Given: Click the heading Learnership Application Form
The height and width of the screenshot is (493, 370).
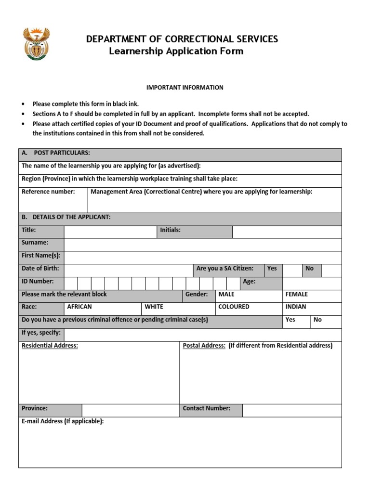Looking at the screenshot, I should [176, 51].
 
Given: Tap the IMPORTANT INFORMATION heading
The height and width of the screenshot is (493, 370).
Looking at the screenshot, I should [185, 88].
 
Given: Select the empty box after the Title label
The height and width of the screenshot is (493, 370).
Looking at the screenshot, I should [110, 232].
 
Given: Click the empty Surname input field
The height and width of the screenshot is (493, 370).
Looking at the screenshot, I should [202, 245].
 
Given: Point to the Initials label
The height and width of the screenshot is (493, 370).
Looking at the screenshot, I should [171, 230].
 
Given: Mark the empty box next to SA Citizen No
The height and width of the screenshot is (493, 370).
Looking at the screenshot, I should [331, 270].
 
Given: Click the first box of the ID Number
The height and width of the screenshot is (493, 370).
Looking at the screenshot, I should [71, 283].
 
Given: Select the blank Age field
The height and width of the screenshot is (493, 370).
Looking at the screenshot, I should [312, 283].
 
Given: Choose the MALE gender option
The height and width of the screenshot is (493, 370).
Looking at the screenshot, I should [226, 294].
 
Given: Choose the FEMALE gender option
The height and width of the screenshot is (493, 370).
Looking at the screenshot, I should [296, 294].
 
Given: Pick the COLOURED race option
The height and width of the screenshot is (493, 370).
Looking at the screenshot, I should [234, 307].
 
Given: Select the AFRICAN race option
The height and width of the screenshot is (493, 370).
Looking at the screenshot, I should [79, 307].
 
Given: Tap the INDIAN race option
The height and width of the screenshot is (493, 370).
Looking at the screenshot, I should [296, 307].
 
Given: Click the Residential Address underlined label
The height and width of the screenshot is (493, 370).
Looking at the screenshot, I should [50, 346].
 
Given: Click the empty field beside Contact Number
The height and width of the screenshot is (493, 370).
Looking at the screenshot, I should [291, 410].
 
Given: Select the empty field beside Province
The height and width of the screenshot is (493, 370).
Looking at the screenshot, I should [130, 410].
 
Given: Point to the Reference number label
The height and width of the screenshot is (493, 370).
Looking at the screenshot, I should [48, 192].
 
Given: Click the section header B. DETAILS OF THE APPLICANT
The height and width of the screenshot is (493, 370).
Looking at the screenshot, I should [66, 217].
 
